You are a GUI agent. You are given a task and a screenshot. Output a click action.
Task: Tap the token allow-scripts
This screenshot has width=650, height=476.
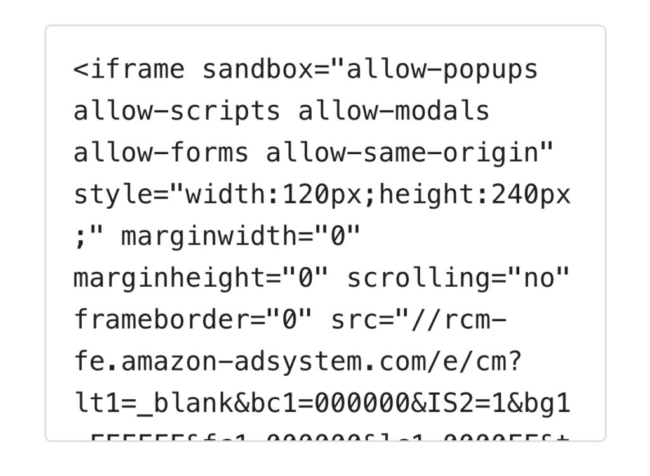pyautogui.click(x=176, y=111)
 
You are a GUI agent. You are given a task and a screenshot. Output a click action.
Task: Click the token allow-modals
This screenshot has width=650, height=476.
pyautogui.click(x=394, y=111)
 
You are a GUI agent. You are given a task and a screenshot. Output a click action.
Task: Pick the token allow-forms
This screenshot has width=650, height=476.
pyautogui.click(x=161, y=153)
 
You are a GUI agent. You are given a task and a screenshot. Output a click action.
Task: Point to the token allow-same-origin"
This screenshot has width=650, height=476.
pyautogui.click(x=410, y=153)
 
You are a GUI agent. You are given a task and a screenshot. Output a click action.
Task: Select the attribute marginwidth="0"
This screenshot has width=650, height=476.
pyautogui.click(x=241, y=237)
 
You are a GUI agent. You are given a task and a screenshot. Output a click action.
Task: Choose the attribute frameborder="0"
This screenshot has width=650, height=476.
pyautogui.click(x=193, y=320)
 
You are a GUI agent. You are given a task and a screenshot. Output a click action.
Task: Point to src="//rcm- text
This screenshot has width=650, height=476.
pyautogui.click(x=419, y=320)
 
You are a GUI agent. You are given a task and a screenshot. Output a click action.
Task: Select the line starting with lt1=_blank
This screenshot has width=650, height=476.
pyautogui.click(x=322, y=404)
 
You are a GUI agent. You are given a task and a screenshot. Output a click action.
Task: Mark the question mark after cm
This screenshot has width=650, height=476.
pyautogui.click(x=515, y=362)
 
